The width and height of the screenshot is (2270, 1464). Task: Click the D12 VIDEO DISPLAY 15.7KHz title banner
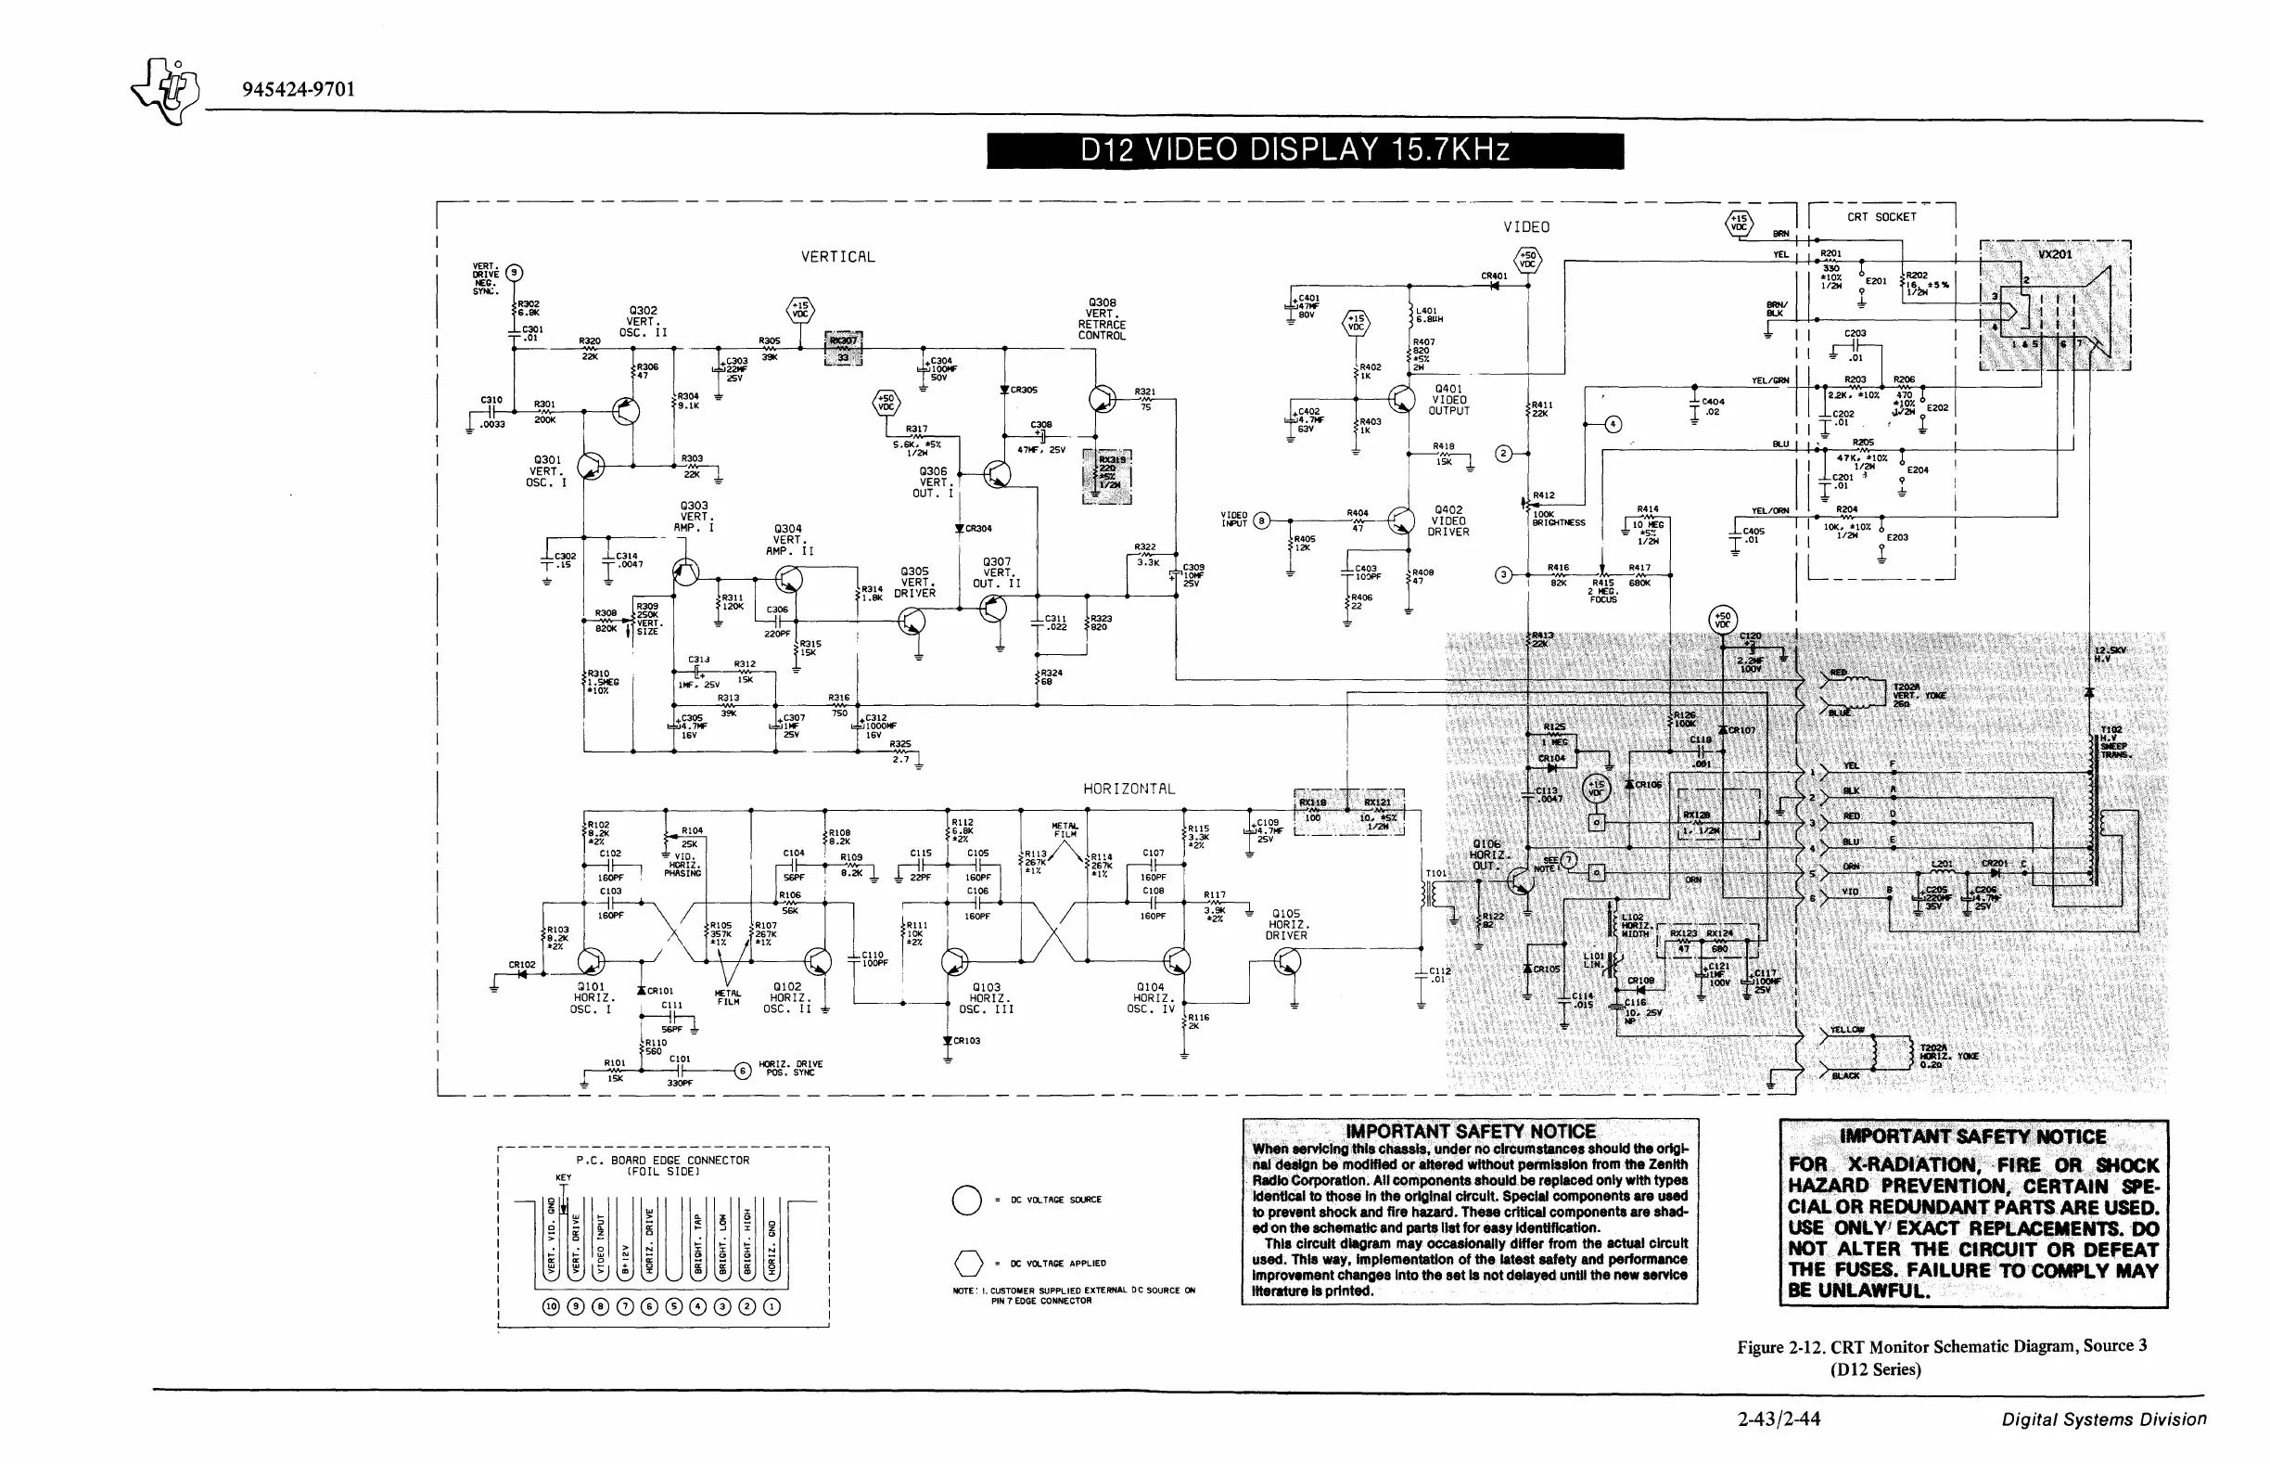[1305, 150]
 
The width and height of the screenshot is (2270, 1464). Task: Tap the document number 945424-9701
[299, 89]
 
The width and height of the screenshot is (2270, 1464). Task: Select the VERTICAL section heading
[837, 257]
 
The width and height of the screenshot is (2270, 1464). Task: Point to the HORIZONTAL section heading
[1129, 789]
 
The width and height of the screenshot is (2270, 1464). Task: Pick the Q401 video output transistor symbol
[1401, 399]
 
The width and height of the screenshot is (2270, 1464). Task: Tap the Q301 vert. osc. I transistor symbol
[591, 466]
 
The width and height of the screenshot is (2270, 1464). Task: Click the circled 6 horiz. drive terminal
[743, 1071]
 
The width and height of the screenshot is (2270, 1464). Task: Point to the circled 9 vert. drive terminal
[514, 273]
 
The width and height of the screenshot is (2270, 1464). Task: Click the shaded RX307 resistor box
[843, 349]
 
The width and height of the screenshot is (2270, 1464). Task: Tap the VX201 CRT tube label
[2054, 255]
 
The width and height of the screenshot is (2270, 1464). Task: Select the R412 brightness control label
[1545, 495]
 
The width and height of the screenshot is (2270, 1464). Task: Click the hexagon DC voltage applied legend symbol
[967, 1264]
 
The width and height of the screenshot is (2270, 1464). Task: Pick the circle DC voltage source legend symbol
[966, 1200]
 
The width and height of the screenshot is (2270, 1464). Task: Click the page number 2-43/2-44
[1779, 1419]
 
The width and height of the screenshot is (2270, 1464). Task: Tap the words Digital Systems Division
[2104, 1419]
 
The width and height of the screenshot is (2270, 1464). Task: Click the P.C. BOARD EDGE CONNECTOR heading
[662, 1160]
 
